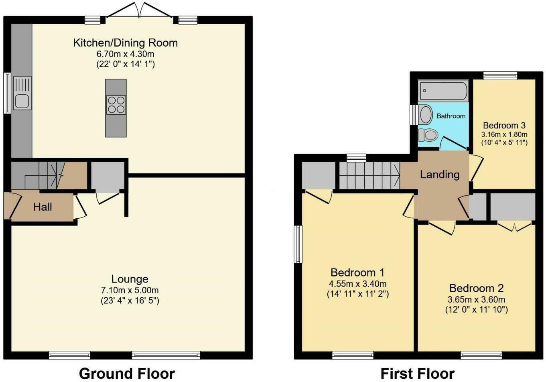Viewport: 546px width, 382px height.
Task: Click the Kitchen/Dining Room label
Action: [125, 43]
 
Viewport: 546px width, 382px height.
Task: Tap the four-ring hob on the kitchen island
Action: [116, 105]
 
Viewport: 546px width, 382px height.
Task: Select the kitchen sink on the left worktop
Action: [22, 93]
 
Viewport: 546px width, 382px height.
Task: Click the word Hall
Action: [43, 207]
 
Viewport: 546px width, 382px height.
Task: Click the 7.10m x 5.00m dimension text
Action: [130, 291]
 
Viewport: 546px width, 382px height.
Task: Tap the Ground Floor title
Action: [127, 374]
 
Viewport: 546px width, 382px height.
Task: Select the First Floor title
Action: [417, 374]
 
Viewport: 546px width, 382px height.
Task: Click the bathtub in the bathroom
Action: [443, 91]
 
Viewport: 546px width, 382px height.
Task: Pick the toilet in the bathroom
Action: [428, 135]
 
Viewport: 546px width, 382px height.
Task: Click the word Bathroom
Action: [451, 116]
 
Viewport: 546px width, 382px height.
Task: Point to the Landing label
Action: [440, 175]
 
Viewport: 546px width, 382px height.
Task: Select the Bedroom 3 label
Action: [504, 126]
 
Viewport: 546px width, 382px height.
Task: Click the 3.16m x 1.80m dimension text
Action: [504, 134]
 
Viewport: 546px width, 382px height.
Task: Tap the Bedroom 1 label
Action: [357, 272]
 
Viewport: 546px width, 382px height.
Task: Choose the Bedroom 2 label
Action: [476, 289]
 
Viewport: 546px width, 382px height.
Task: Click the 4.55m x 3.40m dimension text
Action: [357, 284]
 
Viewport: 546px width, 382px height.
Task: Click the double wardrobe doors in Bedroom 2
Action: [515, 226]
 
